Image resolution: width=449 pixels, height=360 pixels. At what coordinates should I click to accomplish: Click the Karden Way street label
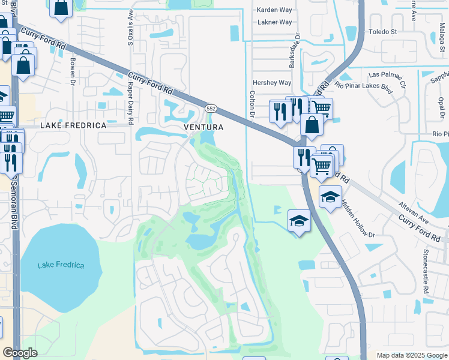pos(274,10)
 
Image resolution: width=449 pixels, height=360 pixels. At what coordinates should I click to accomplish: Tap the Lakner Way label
pos(274,22)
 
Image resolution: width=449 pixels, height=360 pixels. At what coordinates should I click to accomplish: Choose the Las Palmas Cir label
pos(387,76)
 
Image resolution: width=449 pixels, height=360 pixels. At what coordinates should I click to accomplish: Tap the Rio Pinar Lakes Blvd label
pos(364,88)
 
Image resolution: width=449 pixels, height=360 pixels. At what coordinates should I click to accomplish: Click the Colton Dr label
pos(252,102)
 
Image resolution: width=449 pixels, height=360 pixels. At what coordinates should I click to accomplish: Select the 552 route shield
pos(211,109)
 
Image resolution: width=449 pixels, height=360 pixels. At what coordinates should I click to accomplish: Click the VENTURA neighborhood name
pos(203,127)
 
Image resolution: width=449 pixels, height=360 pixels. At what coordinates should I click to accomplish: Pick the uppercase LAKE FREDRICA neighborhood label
pos(73,126)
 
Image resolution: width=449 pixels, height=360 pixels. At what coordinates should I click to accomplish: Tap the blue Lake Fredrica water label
pos(61,265)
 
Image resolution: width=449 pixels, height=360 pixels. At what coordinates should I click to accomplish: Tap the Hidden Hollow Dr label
pos(357,220)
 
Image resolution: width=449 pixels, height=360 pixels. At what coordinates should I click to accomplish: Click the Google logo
pos(20,353)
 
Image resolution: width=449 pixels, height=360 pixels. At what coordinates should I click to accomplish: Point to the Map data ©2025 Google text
pos(411,355)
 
